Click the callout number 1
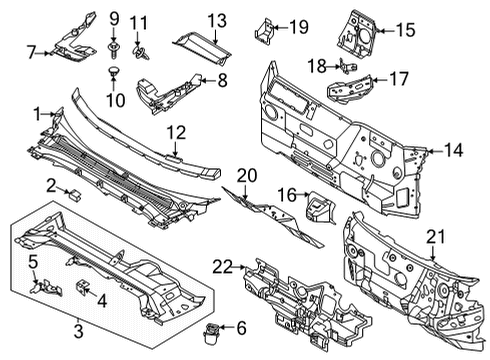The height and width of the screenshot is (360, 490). [x=38, y=113]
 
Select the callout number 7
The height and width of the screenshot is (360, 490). [x=32, y=51]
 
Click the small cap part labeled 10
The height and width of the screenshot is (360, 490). [x=113, y=73]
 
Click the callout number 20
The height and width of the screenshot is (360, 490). [x=246, y=176]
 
